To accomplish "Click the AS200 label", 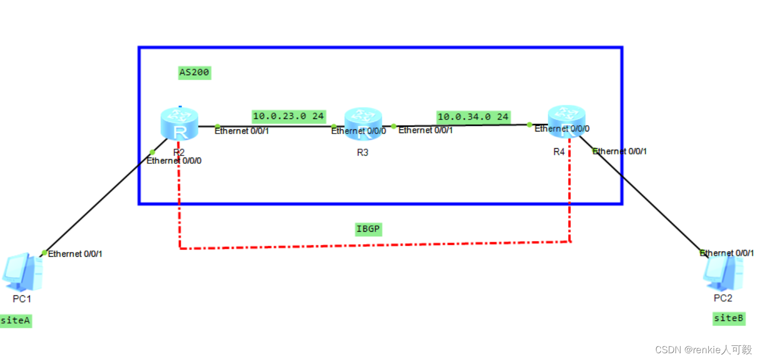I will (195, 73).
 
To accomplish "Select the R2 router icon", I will (179, 123).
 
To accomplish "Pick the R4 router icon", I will (566, 121).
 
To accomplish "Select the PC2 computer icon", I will (723, 272).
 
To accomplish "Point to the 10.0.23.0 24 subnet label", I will (288, 116).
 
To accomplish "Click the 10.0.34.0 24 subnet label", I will (473, 117).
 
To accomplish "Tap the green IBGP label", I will (368, 229).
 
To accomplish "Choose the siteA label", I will (16, 320).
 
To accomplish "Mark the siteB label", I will (729, 318).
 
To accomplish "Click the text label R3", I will (363, 152).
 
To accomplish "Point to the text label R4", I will (559, 152).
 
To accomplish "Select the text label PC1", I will (22, 299).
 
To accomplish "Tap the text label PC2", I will (723, 298).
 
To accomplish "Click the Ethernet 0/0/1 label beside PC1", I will (75, 254).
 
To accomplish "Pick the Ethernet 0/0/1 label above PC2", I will (727, 253).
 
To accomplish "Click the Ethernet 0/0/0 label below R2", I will (174, 161).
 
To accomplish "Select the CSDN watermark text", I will (704, 350).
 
